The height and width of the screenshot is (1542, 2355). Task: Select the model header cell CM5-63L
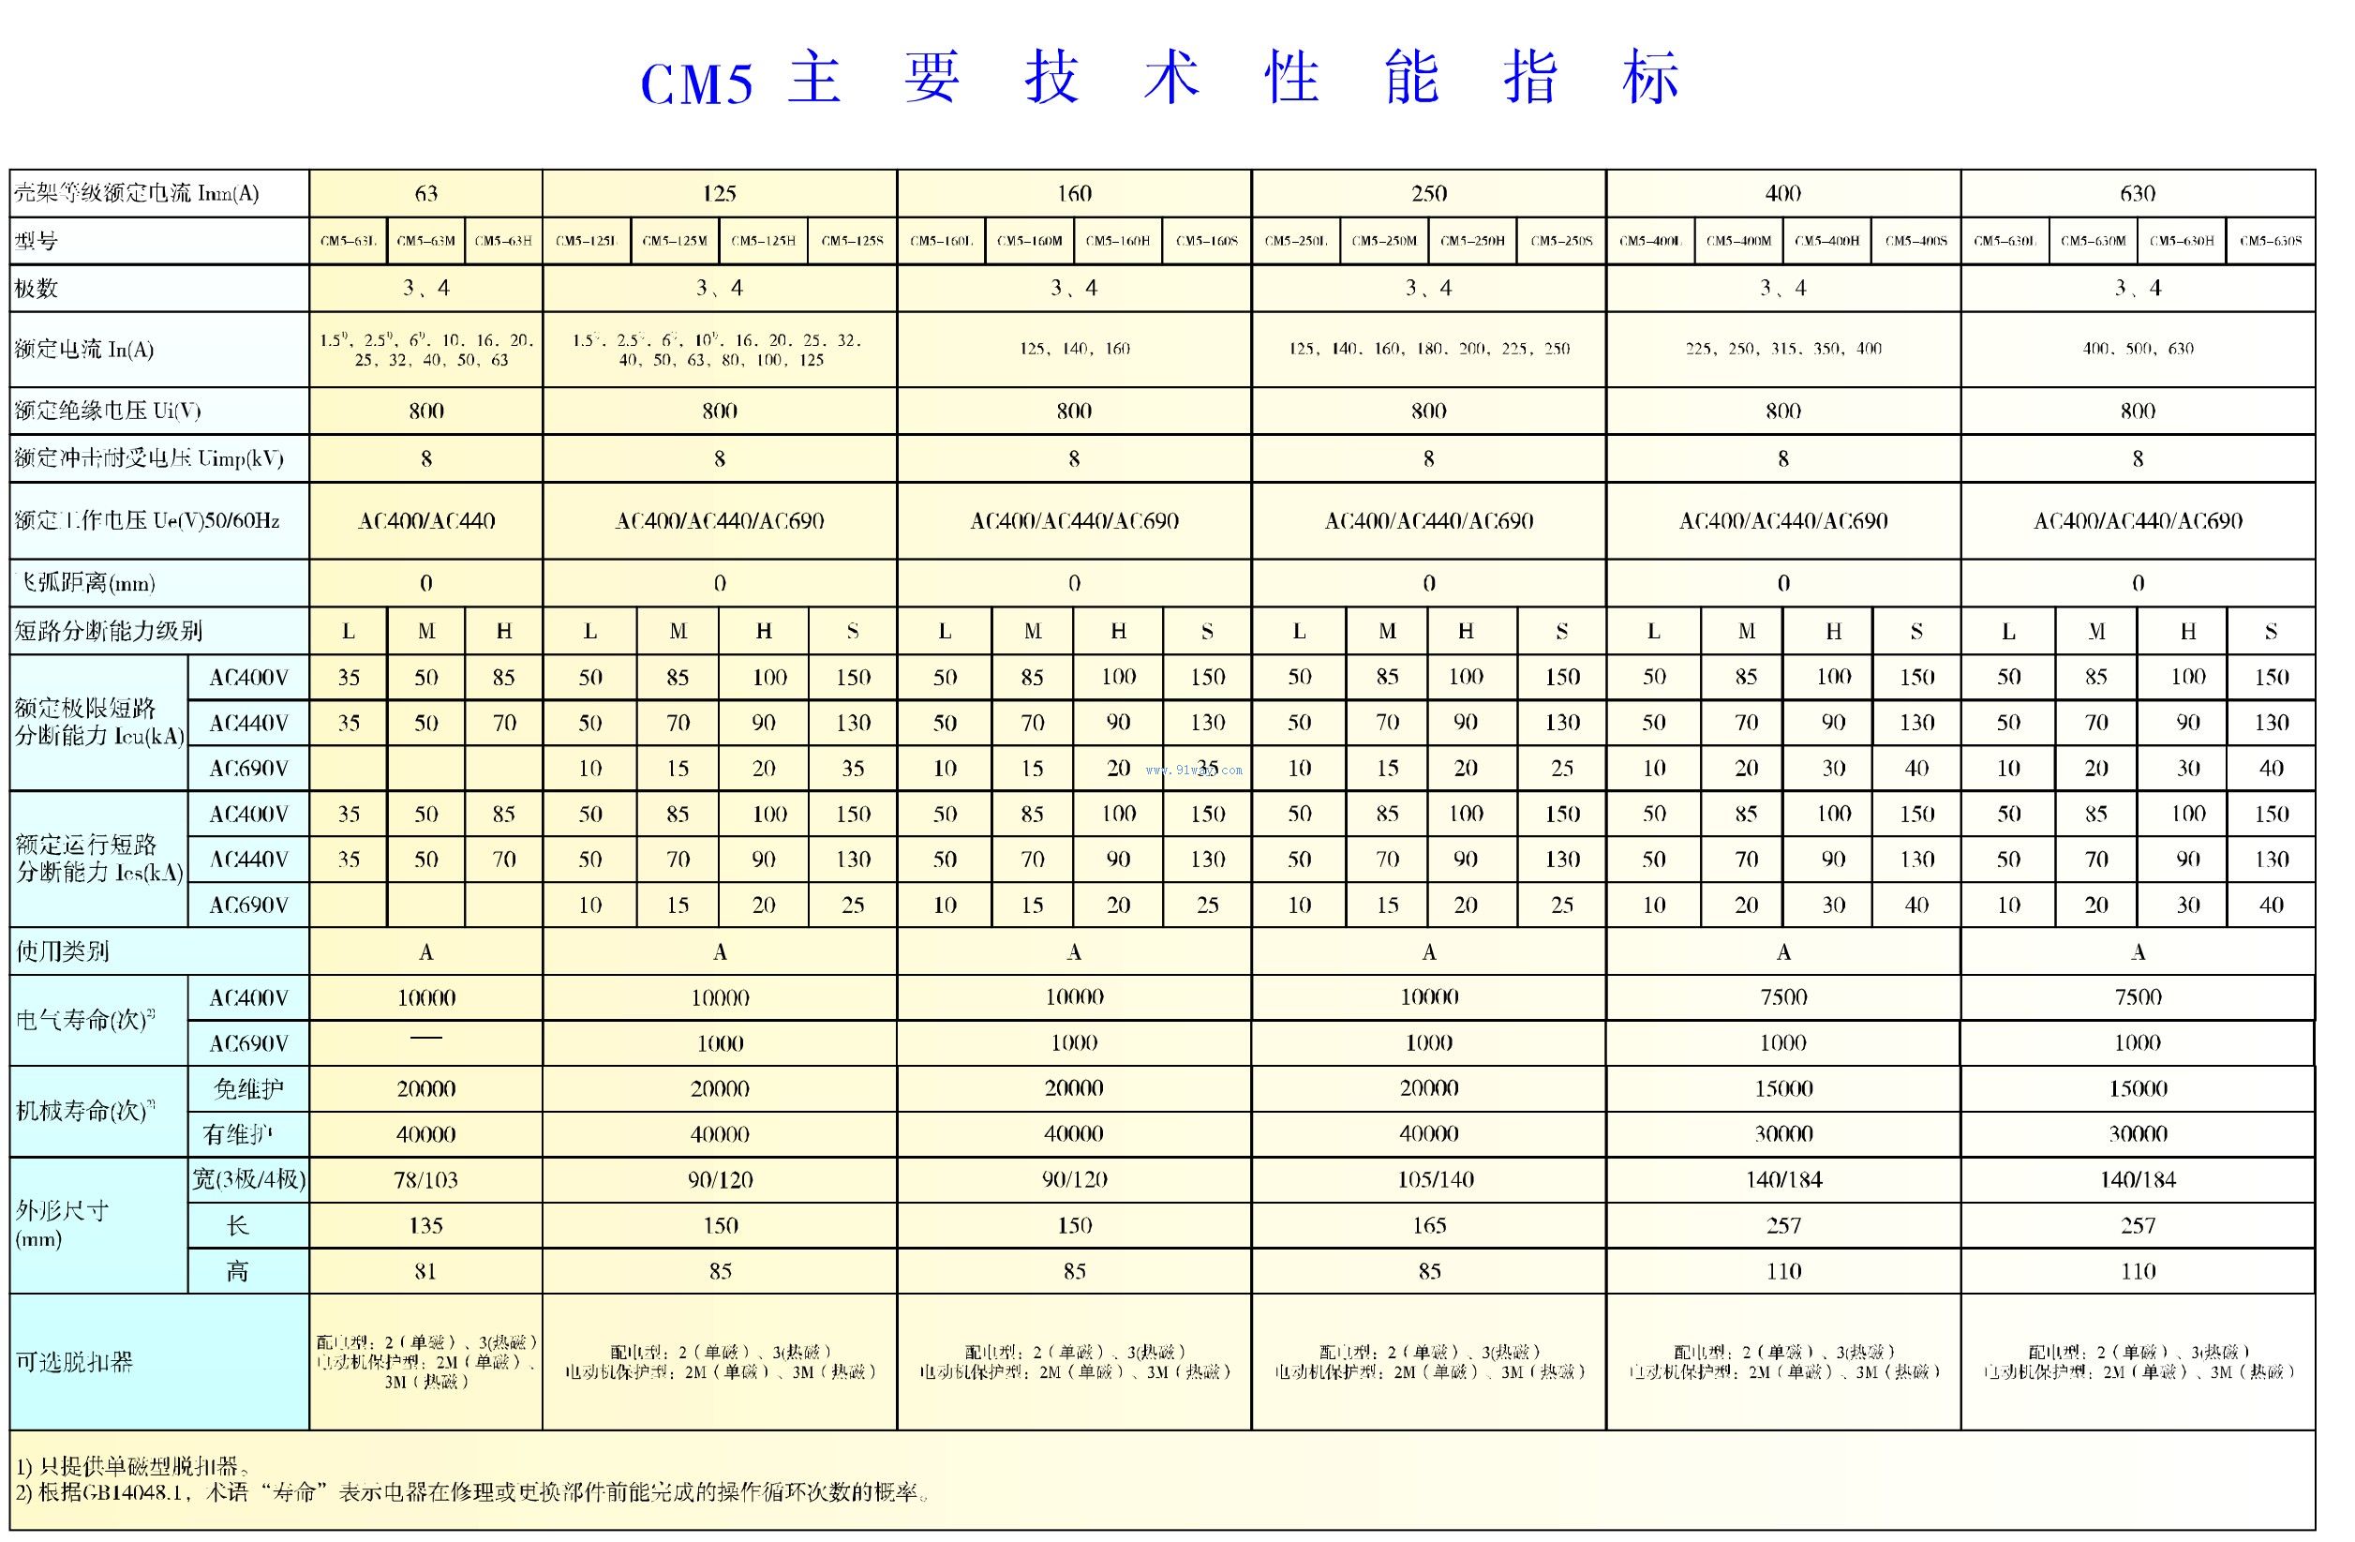point(349,241)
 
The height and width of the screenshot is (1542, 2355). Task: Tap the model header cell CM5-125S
point(852,241)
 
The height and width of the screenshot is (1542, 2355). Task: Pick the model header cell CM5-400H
point(1826,241)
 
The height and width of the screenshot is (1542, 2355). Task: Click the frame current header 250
point(1428,193)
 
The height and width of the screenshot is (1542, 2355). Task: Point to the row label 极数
point(37,289)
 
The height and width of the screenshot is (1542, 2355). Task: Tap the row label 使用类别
point(63,951)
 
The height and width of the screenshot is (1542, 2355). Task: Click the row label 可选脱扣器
point(74,1362)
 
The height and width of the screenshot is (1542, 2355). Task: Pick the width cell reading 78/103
point(425,1180)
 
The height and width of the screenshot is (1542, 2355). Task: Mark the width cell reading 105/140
point(1429,1180)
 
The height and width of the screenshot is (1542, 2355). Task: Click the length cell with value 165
point(1429,1225)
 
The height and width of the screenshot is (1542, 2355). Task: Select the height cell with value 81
point(425,1271)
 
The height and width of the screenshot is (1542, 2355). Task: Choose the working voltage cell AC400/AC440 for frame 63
point(425,520)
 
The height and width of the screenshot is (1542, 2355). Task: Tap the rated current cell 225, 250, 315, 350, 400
point(1783,349)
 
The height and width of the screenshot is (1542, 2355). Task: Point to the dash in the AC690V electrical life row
point(425,1039)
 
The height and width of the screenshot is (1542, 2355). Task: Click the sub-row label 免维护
point(248,1088)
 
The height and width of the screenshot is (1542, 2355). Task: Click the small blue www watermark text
point(1193,770)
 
